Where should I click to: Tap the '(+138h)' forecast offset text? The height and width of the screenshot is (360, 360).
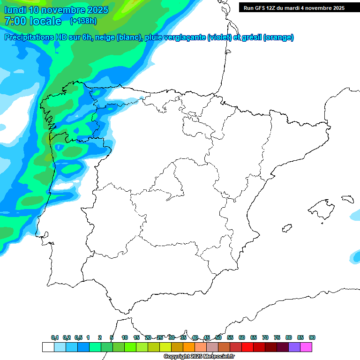tap(83, 21)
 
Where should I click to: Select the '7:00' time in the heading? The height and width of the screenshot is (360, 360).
tap(14, 21)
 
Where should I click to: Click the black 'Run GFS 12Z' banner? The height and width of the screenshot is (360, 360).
tap(294, 7)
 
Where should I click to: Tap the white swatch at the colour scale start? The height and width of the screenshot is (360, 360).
tap(48, 347)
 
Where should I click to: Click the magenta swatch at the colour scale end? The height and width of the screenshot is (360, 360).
tap(306, 347)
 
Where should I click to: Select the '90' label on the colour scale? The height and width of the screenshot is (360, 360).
tap(312, 337)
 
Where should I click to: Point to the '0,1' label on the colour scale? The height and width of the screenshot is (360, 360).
tap(55, 337)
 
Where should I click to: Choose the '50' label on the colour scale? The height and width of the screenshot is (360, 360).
tap(218, 337)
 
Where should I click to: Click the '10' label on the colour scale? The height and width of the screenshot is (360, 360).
tap(125, 337)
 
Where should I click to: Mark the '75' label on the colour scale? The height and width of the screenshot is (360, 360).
tap(277, 337)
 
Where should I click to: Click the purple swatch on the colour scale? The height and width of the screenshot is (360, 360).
tap(294, 347)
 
